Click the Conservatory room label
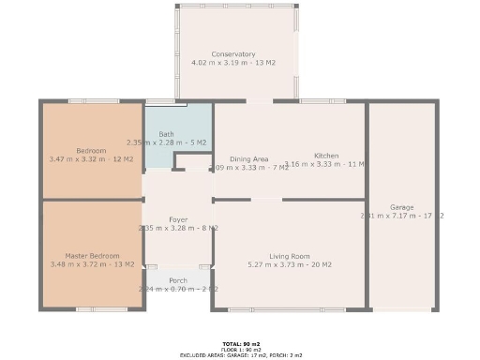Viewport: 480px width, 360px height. (233, 54)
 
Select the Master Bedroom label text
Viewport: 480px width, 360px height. (92, 256)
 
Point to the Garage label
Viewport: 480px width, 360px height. (402, 207)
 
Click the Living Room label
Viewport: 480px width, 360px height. (289, 256)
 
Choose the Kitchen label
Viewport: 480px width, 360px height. (326, 156)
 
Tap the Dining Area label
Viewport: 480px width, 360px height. (249, 159)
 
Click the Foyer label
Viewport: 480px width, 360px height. (178, 219)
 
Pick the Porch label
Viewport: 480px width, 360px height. (178, 280)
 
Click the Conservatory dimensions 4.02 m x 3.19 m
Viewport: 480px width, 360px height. (233, 63)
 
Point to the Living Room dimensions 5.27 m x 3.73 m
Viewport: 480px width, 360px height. (289, 264)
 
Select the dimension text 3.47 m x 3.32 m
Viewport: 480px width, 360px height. (91, 159)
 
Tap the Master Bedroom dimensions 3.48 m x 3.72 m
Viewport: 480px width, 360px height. (92, 264)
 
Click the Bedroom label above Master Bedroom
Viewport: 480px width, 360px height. (91, 151)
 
